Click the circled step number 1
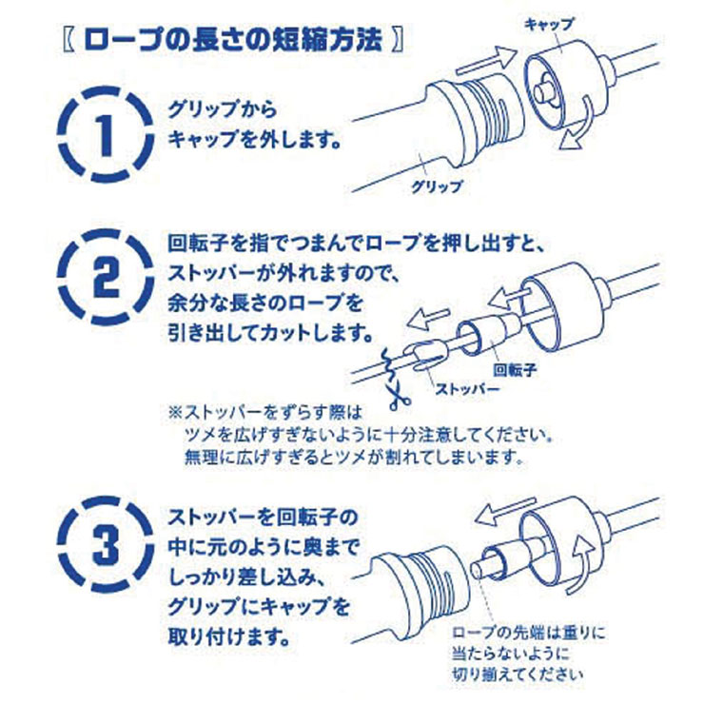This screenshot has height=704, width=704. coord(105,135)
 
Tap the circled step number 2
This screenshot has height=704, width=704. coord(105,277)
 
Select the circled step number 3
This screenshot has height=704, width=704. coord(105,544)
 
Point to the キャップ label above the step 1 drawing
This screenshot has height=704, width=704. coord(550,24)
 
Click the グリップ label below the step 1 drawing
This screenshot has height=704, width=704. coord(437,186)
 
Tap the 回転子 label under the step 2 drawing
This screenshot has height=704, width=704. coord(515,370)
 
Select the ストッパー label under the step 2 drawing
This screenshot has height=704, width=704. coord(467,389)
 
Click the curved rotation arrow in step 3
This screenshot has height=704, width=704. coord(584,562)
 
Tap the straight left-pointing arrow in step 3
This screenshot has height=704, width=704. coord(506,510)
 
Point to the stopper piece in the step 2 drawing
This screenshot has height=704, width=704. coord(424,356)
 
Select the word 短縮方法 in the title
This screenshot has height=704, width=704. coord(327,41)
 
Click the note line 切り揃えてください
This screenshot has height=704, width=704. coord(518,674)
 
